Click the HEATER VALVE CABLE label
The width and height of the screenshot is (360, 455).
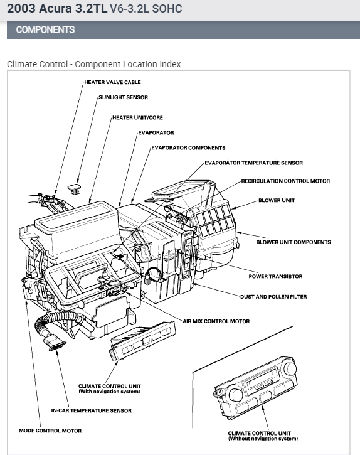112,82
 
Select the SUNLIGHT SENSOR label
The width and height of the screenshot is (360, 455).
124,97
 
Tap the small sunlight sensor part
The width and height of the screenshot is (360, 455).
74,189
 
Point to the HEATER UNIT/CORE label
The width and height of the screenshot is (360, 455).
137,118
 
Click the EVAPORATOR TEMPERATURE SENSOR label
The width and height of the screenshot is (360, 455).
254,163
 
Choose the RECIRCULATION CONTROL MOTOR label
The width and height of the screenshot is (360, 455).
286,181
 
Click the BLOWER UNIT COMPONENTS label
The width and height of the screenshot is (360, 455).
294,242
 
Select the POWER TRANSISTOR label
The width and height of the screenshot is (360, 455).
275,276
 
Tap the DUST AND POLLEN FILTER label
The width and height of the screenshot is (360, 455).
273,297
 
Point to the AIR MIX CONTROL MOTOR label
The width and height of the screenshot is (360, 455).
216,321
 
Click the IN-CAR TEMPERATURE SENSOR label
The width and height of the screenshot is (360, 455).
92,410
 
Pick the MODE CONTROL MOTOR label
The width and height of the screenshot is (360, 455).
50,431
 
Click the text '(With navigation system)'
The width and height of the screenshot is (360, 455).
109,392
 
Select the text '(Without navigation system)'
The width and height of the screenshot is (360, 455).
263,439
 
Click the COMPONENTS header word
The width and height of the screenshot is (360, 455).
46,29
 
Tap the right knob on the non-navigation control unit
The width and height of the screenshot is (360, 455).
290,368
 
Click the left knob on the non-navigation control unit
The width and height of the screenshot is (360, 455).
236,394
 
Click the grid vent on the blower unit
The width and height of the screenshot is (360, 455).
214,220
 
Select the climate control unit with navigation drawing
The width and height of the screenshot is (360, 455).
142,340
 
